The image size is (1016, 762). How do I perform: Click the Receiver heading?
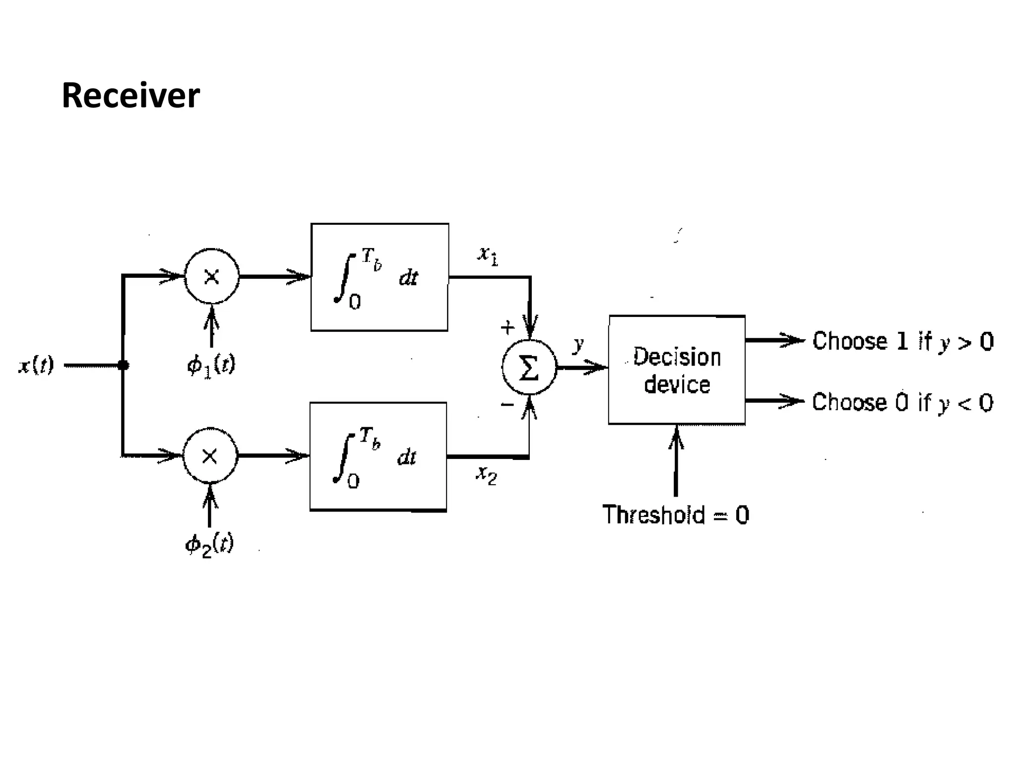[130, 95]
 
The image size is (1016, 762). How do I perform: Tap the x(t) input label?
[36, 366]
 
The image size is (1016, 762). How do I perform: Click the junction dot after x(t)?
[124, 366]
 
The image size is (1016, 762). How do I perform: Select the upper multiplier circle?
[212, 276]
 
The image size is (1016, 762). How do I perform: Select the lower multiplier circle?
[210, 455]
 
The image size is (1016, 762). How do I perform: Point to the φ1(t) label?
[211, 366]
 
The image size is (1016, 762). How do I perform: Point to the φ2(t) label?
[209, 545]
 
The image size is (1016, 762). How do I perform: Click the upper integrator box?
[380, 277]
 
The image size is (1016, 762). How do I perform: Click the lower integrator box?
[378, 456]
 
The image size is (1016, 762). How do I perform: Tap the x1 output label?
[488, 255]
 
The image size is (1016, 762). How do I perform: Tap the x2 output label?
[486, 475]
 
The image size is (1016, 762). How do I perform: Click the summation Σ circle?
[529, 368]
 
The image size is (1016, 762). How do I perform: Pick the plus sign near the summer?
[507, 327]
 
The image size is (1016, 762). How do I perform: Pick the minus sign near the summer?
[507, 405]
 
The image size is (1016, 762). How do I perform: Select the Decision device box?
[677, 370]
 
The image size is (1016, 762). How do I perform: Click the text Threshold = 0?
[675, 515]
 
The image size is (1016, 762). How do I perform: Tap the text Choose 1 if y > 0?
[903, 341]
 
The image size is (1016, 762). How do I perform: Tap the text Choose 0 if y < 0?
[902, 402]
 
